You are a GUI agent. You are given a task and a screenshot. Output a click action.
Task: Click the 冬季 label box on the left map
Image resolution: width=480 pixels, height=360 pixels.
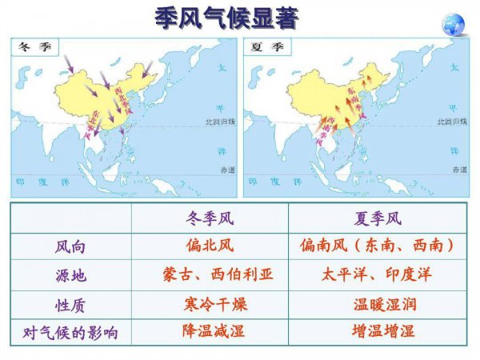click(x=30, y=46)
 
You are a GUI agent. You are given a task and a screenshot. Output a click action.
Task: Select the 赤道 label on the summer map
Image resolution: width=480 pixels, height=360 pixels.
click(x=458, y=170)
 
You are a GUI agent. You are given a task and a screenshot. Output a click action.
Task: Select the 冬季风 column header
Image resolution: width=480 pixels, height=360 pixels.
click(x=209, y=218)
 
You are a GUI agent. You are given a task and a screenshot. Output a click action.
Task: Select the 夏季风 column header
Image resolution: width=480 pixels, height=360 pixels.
click(x=377, y=218)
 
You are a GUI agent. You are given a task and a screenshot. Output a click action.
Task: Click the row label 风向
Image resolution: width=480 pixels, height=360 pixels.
click(x=70, y=246)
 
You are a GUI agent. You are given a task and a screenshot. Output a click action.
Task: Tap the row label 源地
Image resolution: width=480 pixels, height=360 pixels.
click(x=70, y=276)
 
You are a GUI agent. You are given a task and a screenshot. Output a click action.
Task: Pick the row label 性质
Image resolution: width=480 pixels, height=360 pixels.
click(x=70, y=305)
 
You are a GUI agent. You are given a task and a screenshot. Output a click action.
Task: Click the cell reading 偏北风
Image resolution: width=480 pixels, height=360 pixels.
click(x=209, y=246)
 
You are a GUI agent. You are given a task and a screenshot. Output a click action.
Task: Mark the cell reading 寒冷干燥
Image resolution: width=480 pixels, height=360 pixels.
click(x=209, y=304)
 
